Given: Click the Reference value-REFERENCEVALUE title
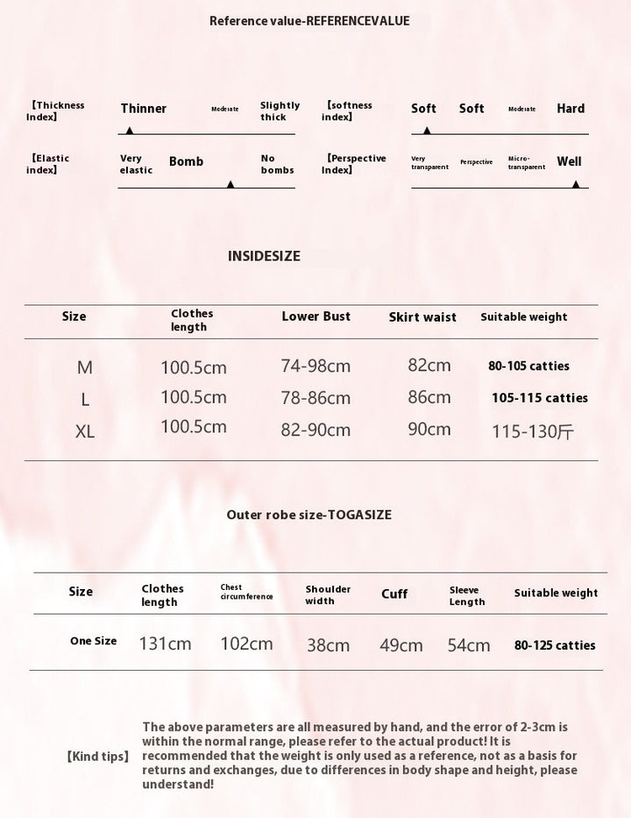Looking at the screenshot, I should coord(309,21).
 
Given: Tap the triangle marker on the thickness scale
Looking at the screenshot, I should coord(130,130).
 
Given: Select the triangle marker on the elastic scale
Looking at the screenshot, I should coord(230,184).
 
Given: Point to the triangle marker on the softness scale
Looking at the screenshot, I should coord(427,130).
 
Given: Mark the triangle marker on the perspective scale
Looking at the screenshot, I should coord(576,184).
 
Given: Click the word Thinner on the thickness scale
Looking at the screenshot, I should coord(144,109).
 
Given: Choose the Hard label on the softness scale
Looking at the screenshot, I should coord(571,109).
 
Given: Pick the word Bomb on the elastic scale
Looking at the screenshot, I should coord(186,161).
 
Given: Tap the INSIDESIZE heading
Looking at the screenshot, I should coord(264,256).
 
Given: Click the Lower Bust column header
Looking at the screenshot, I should coord(315,317).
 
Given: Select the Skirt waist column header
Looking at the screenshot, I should coord(422,317).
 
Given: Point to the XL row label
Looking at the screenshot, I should coord(85,431).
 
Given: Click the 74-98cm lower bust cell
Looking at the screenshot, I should coord(315,366).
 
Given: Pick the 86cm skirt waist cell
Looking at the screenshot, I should coord(429,397).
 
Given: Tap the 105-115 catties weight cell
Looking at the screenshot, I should coord(540,398).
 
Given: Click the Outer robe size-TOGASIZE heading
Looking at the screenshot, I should coord(309,515).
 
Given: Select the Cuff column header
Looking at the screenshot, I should coord(394,594).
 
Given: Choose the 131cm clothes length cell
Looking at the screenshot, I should coord(165,644).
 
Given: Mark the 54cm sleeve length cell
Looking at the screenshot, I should coord(469,645).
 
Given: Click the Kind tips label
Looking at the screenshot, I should coord(98,756).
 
